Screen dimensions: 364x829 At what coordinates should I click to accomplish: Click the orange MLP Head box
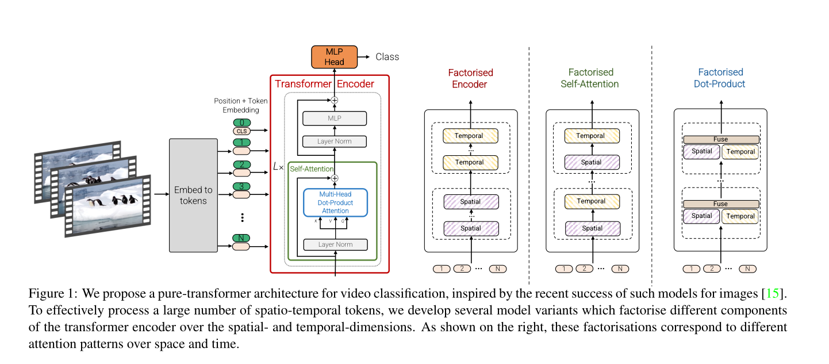[334, 56]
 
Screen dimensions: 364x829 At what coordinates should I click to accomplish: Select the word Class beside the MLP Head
[387, 56]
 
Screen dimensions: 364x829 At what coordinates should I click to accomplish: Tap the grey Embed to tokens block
[193, 196]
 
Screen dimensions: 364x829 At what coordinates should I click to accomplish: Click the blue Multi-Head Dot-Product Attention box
[336, 202]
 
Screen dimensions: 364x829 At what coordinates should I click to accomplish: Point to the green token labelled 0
[242, 122]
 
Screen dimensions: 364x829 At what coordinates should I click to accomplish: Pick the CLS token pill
[242, 131]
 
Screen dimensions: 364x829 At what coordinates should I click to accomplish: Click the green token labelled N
[242, 238]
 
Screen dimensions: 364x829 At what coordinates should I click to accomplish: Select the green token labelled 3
[242, 186]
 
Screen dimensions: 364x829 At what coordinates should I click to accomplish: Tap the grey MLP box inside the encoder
[335, 118]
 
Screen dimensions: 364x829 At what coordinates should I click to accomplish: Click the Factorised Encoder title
[470, 78]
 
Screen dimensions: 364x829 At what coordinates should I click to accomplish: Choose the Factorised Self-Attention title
[593, 78]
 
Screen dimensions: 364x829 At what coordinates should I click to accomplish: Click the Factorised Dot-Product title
[720, 78]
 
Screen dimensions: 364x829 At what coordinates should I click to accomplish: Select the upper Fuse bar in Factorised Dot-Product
[720, 139]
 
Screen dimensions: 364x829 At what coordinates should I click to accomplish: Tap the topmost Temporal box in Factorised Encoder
[470, 136]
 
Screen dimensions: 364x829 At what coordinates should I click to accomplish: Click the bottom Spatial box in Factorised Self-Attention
[592, 228]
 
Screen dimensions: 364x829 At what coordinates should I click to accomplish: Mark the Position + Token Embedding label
[240, 105]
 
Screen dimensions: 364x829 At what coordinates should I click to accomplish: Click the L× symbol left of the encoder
[278, 167]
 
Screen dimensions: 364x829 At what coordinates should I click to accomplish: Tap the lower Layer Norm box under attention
[335, 244]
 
